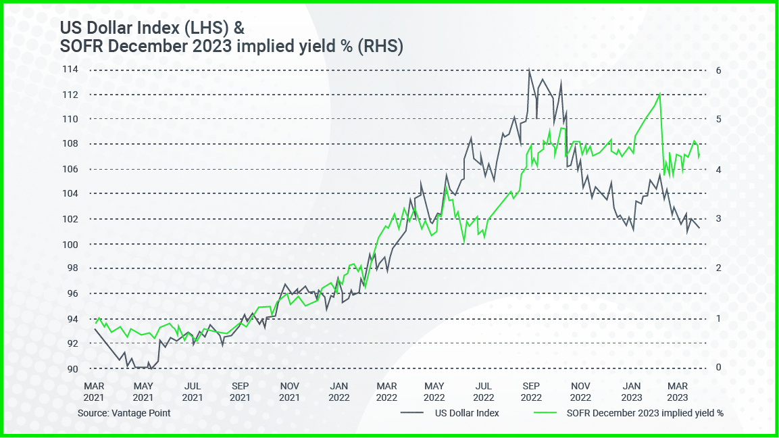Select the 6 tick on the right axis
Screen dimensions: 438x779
[720, 70]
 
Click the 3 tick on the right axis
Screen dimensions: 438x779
[720, 219]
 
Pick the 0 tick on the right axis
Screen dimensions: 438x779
[720, 368]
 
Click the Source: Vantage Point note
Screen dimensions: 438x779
[124, 413]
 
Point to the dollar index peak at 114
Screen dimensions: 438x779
[528, 69]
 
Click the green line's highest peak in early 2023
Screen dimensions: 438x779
[659, 94]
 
